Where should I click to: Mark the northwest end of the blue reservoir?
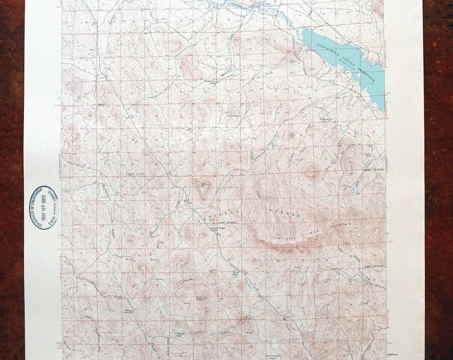coord(304,31)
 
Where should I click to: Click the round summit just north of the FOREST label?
coord(310,173)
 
